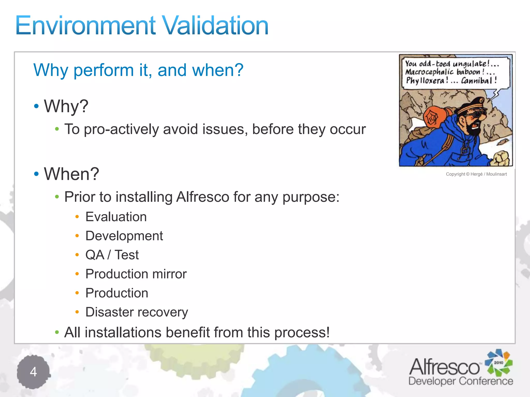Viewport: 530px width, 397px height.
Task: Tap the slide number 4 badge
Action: tap(33, 372)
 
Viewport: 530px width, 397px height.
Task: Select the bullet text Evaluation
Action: tap(116, 217)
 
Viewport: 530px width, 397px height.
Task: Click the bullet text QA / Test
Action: tap(112, 255)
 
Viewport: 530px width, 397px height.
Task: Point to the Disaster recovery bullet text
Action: tap(137, 312)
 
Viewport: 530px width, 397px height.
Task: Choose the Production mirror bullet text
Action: tap(136, 274)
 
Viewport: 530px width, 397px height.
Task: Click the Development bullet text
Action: tap(124, 236)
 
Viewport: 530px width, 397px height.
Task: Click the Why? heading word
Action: tap(66, 106)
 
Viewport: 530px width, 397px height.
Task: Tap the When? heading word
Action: tap(71, 174)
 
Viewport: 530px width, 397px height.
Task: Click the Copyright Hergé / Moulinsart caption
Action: tap(476, 174)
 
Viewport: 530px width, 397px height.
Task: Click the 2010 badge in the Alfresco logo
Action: tap(498, 363)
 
